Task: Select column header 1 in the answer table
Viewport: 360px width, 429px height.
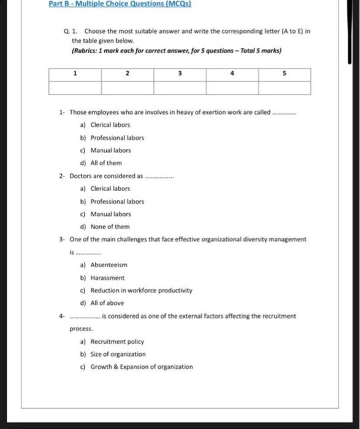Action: (x=75, y=74)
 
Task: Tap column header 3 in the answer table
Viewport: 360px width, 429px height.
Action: (x=180, y=74)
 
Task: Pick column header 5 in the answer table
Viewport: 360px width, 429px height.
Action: (x=285, y=74)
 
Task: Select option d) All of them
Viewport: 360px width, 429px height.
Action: (x=101, y=163)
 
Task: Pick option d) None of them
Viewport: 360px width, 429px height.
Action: (x=105, y=227)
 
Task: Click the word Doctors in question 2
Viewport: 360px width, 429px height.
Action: (x=80, y=176)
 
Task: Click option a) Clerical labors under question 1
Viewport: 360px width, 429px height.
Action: (x=105, y=124)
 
